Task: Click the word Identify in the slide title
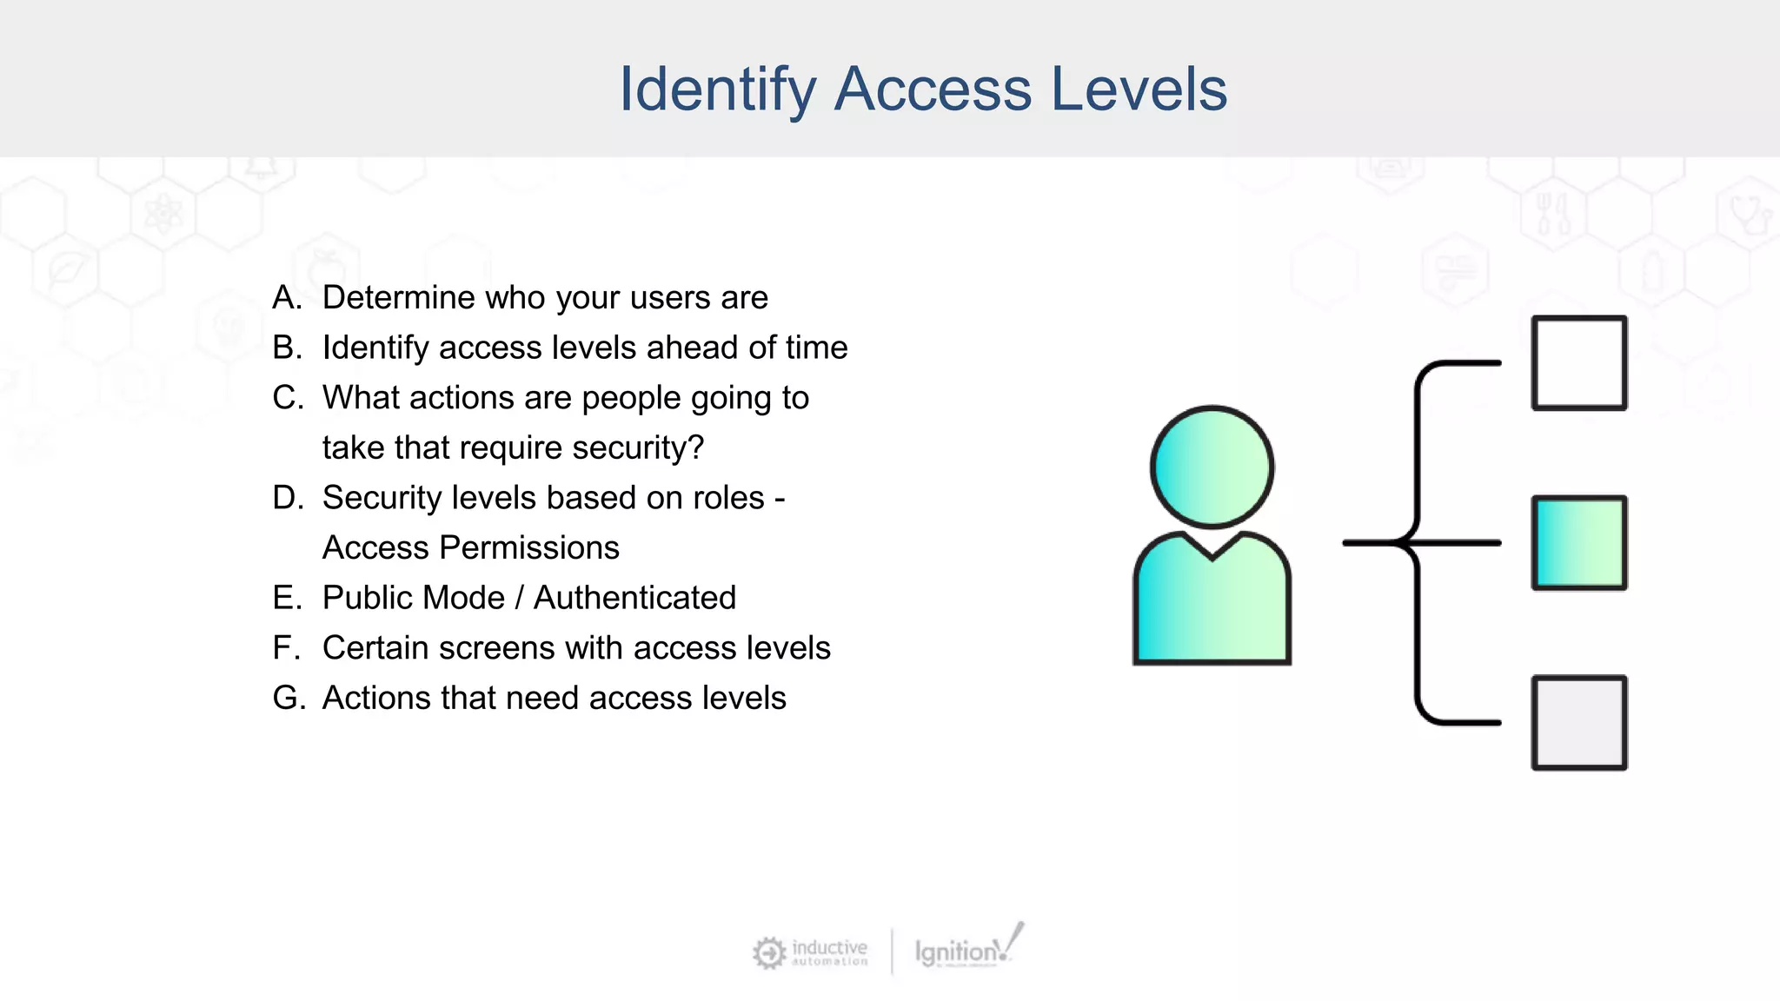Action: pyautogui.click(x=717, y=89)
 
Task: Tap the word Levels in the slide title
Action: pyautogui.click(x=1139, y=89)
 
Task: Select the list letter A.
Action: pyautogui.click(x=286, y=298)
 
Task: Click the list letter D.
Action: pyautogui.click(x=287, y=498)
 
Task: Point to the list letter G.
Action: pyautogui.click(x=288, y=698)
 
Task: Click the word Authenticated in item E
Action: pyautogui.click(x=634, y=598)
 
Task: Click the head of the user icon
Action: pyautogui.click(x=1212, y=467)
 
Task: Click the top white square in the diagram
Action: pyautogui.click(x=1578, y=362)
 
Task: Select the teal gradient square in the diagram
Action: pyautogui.click(x=1578, y=543)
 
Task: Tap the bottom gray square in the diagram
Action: pyautogui.click(x=1578, y=723)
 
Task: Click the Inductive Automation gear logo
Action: pyautogui.click(x=769, y=952)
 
